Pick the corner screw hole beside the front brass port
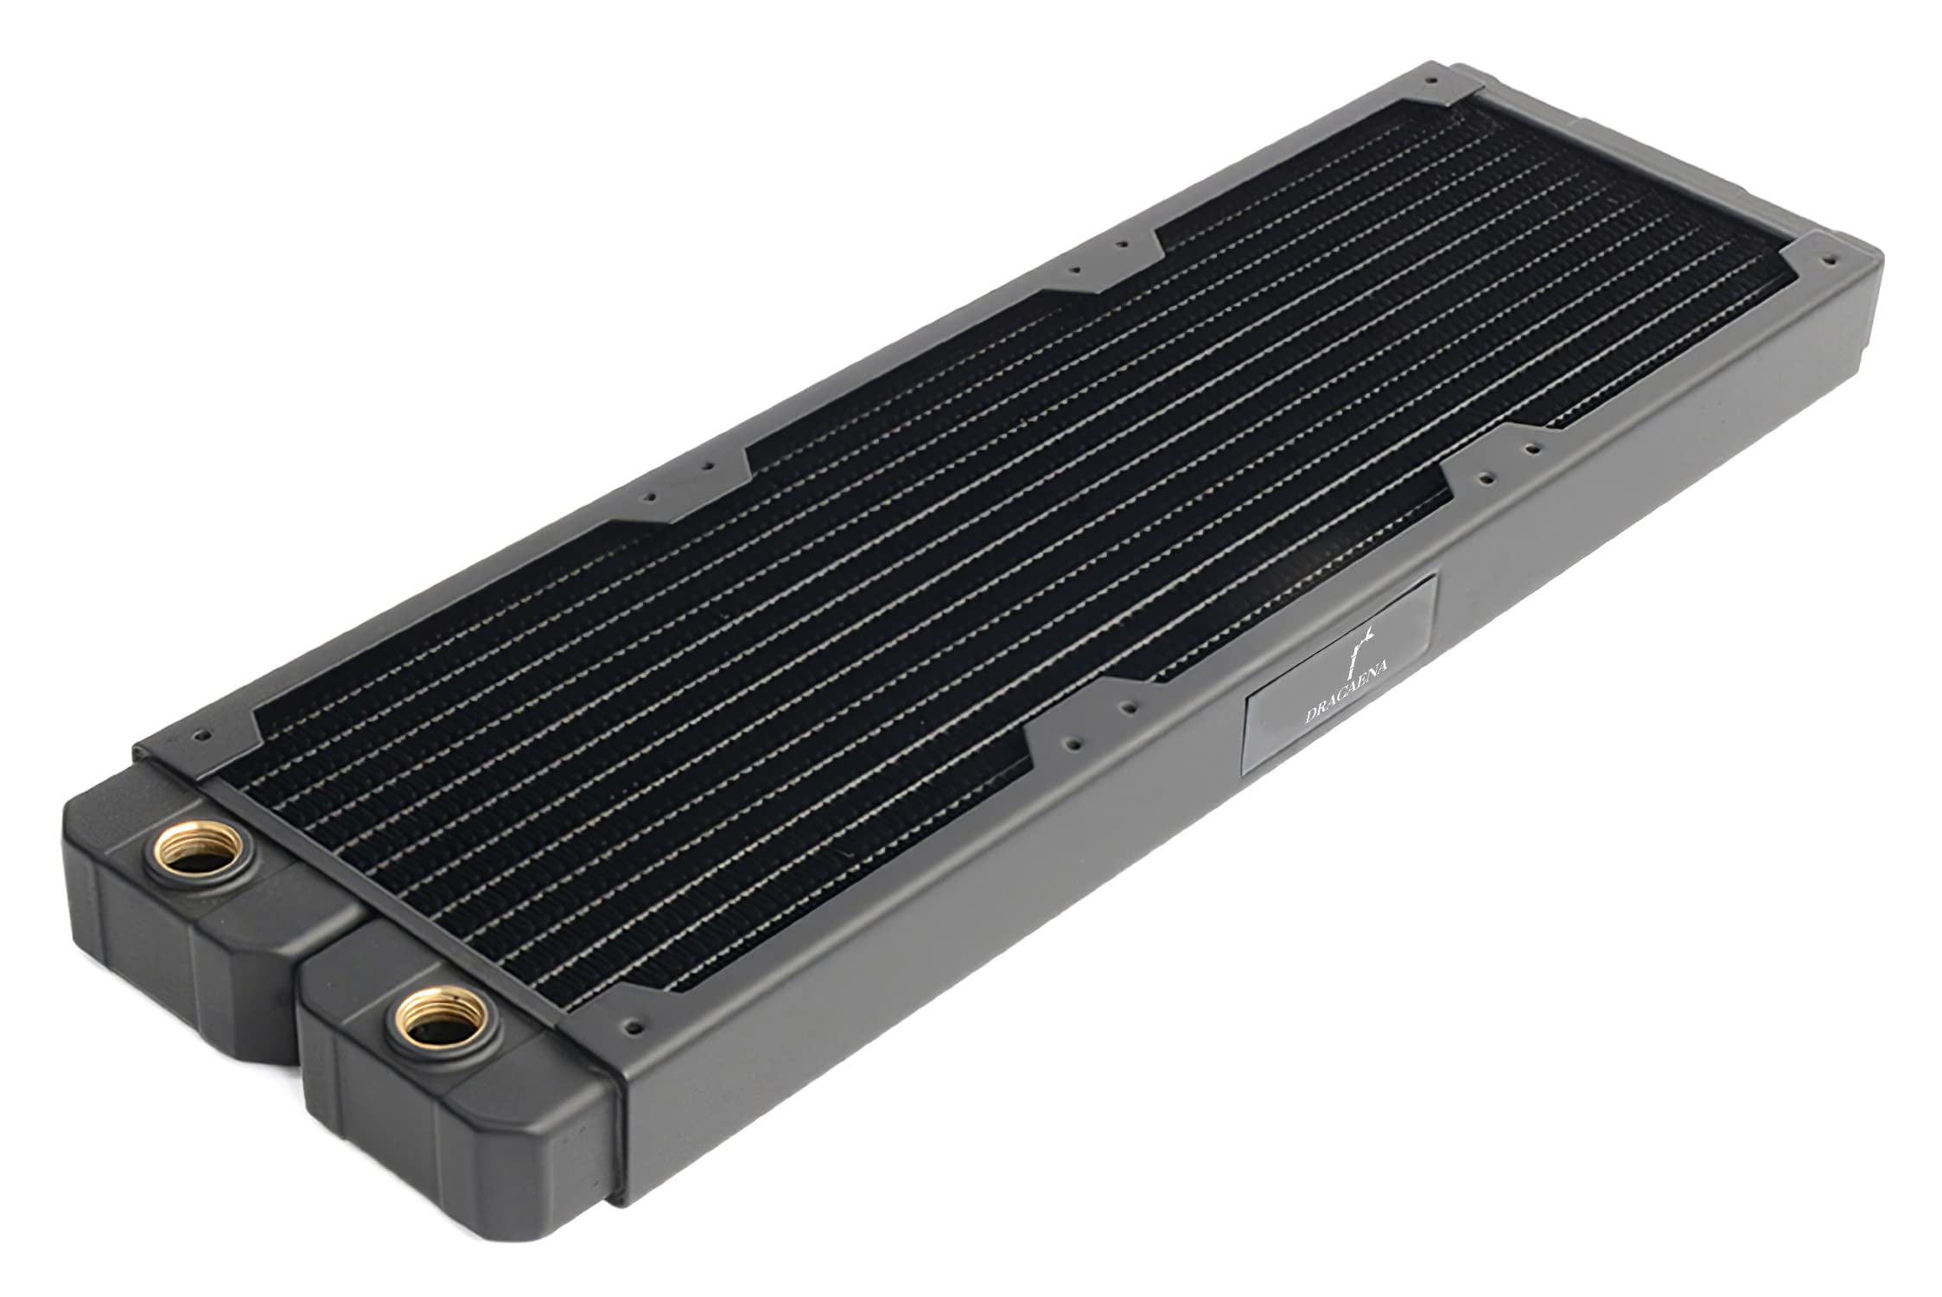click(637, 1026)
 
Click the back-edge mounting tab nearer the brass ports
click(678, 489)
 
